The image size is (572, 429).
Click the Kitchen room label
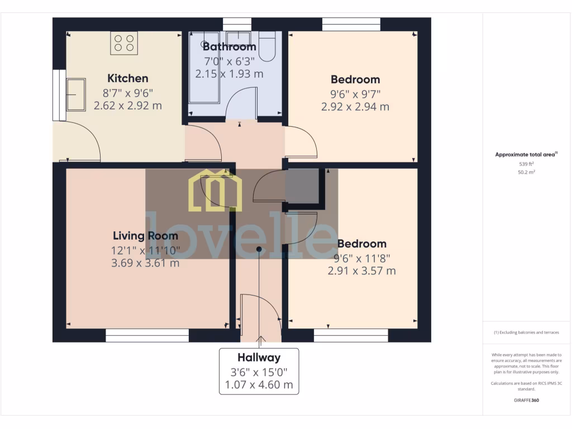127,78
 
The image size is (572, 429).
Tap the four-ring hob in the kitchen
124,44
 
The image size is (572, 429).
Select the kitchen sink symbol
75,94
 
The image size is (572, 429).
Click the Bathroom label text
229,47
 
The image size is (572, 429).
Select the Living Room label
145,236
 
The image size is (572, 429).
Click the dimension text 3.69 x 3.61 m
145,263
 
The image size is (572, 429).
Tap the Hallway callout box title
259,357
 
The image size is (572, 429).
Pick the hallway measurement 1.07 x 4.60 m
259,385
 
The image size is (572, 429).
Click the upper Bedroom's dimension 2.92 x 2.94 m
355,107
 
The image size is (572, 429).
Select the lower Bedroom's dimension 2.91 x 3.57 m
361,271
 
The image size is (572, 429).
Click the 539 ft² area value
526,164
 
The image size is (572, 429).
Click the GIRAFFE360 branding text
526,400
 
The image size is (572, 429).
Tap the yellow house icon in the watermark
215,191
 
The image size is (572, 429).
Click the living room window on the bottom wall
147,335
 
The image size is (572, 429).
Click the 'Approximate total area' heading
525,155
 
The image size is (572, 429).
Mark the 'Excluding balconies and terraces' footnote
526,332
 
